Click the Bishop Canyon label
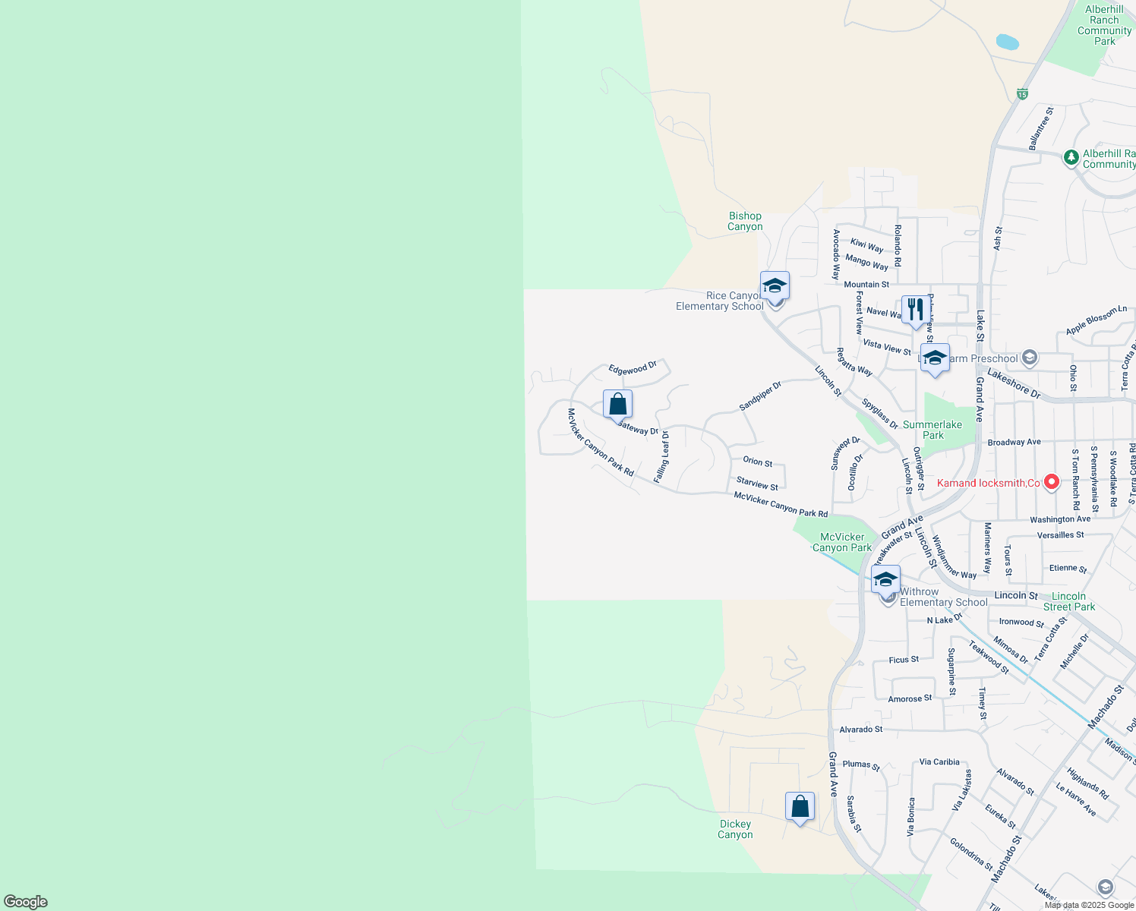coord(745,222)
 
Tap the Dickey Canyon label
coord(735,829)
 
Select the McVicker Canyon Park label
coord(842,542)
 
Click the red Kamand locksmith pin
coord(1052,481)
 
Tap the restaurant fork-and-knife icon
coord(915,310)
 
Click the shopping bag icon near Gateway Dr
coord(617,404)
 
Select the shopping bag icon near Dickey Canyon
coord(800,806)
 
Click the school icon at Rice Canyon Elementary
coord(775,286)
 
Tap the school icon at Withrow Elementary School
coord(885,579)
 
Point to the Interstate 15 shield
coord(1023,94)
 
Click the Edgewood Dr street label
coord(633,368)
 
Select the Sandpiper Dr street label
coord(760,396)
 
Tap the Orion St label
coord(757,462)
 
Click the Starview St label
coord(757,484)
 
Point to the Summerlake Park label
coord(932,430)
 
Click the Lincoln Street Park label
coord(1069,601)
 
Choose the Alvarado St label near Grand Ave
coord(861,730)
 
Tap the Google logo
coord(26,902)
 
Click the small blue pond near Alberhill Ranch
coord(1007,42)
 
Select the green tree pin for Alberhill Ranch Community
coord(1071,158)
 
